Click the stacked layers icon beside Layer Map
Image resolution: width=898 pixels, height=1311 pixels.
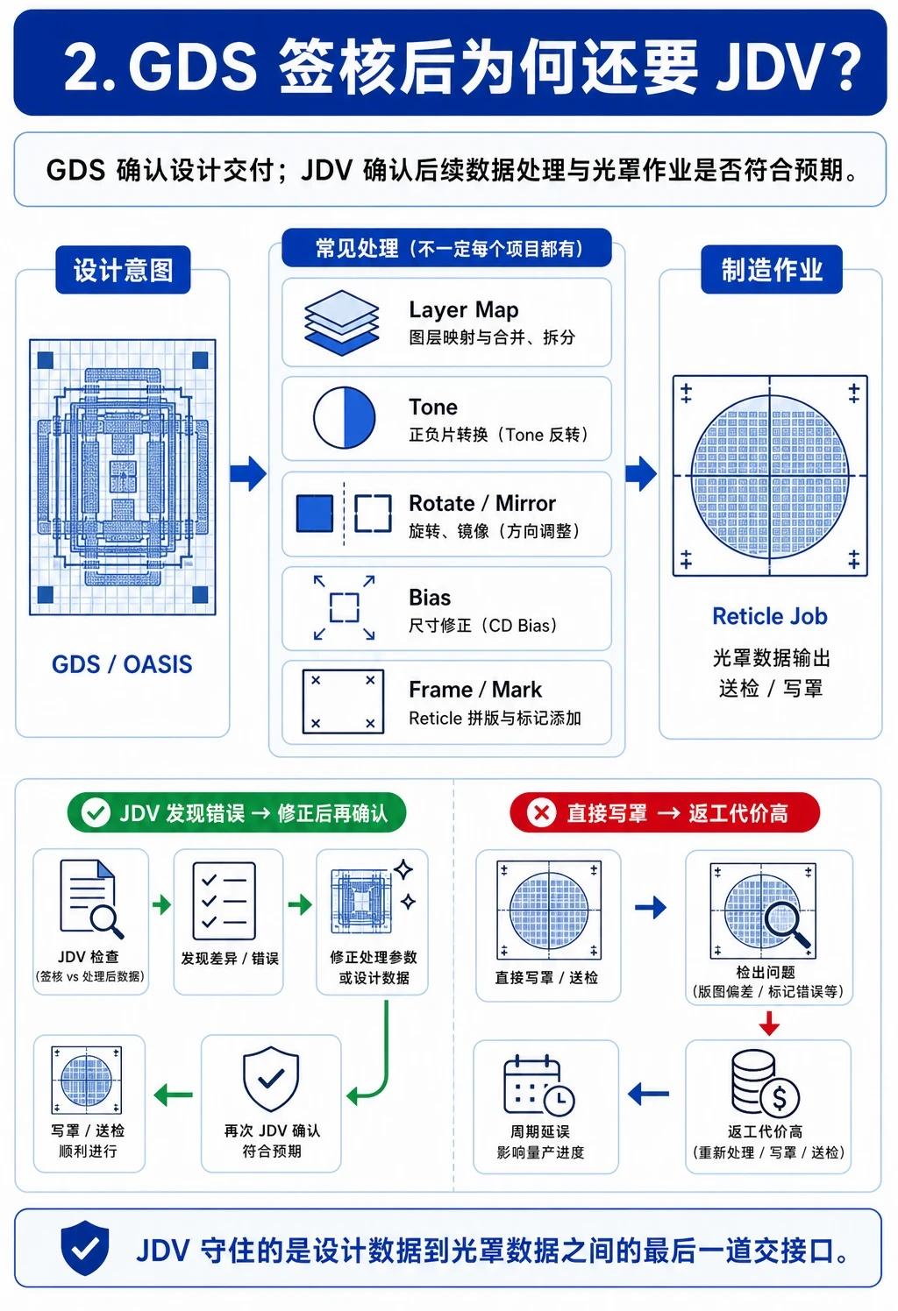(341, 322)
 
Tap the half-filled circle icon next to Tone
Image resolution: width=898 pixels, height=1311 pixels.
(344, 417)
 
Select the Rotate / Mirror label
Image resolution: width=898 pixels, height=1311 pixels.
(482, 503)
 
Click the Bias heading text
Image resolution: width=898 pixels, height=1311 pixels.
(430, 598)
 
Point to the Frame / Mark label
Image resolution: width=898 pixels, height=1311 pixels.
(475, 690)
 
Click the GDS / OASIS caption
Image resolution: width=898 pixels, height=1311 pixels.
(122, 664)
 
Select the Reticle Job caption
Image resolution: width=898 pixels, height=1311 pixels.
(770, 616)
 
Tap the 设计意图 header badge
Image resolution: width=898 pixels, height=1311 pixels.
(123, 270)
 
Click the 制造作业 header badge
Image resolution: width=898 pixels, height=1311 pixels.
(772, 270)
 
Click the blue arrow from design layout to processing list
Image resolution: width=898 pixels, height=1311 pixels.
(248, 473)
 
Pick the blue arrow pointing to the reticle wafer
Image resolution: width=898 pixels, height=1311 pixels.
(641, 473)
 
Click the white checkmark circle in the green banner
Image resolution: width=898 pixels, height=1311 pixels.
(96, 812)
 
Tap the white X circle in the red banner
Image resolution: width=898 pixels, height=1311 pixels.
(541, 812)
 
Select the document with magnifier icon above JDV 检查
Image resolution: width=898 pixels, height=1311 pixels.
(92, 899)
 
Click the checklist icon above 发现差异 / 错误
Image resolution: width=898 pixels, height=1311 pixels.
(224, 901)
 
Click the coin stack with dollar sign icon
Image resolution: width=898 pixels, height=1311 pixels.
(765, 1083)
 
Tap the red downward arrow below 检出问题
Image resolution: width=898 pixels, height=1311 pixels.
(769, 1023)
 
